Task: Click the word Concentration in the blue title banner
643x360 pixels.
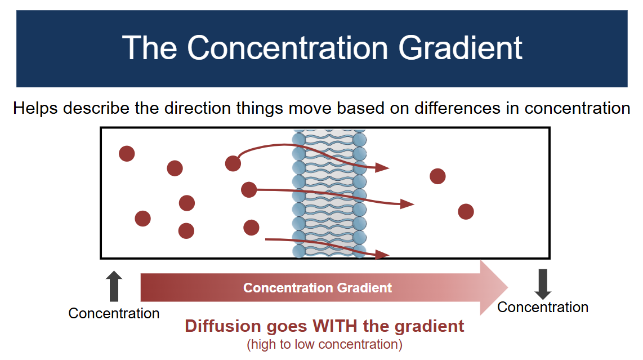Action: click(x=287, y=48)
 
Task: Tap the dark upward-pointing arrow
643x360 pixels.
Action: click(x=114, y=286)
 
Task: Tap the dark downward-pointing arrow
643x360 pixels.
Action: click(x=543, y=284)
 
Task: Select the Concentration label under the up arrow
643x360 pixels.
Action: click(x=114, y=313)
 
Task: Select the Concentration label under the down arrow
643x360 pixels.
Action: click(x=543, y=307)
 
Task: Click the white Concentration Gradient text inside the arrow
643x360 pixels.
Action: click(x=318, y=288)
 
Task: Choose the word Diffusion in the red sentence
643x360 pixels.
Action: click(x=222, y=326)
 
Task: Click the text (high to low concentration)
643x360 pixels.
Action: click(x=324, y=344)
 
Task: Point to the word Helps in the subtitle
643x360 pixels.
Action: click(x=36, y=108)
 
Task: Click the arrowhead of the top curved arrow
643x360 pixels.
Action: click(x=383, y=167)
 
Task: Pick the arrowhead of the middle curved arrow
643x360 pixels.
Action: click(x=408, y=203)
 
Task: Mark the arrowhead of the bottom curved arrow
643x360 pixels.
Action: click(x=383, y=255)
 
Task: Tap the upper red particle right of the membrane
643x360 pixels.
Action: click(x=437, y=176)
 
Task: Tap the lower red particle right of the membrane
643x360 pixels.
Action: click(x=466, y=212)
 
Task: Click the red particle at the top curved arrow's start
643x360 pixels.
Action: click(x=233, y=163)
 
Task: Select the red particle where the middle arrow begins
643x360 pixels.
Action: click(x=248, y=190)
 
